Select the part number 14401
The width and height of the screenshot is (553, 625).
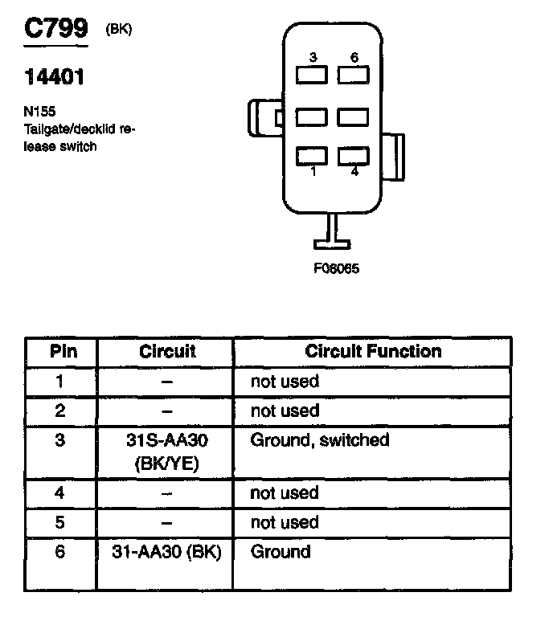click(54, 77)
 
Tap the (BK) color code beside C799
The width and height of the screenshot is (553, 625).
click(118, 30)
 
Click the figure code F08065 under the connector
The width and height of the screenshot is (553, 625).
click(335, 269)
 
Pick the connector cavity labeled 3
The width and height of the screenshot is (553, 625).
click(312, 76)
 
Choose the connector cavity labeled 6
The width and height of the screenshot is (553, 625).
click(353, 76)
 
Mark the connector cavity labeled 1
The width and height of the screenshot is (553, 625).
click(312, 155)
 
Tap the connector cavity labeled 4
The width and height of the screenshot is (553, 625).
click(353, 155)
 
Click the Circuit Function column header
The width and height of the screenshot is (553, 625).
click(373, 352)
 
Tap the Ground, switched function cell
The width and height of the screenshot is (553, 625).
click(320, 440)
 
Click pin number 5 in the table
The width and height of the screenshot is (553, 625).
click(59, 523)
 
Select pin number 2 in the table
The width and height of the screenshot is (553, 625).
click(59, 411)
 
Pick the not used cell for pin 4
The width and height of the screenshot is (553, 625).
click(285, 493)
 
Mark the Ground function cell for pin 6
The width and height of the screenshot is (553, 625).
click(281, 552)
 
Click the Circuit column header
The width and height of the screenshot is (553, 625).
click(167, 352)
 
